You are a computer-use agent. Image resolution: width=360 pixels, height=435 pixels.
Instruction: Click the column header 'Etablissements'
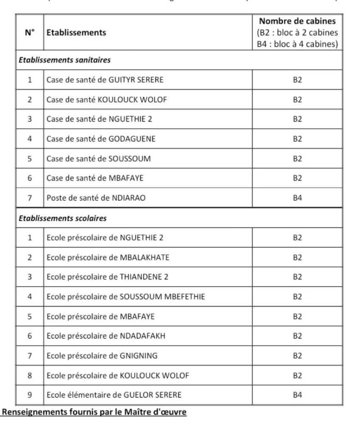pos(76,33)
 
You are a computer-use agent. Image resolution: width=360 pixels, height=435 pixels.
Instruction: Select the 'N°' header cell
pos(30,33)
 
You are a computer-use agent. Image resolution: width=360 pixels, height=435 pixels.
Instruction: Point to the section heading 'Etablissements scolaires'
pos(62,218)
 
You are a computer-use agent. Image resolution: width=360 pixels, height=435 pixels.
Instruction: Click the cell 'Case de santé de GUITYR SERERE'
pos(105,80)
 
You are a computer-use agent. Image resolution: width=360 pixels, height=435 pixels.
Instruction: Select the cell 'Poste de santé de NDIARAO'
pos(96,198)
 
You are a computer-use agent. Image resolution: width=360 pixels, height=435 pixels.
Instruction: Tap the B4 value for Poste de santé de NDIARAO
pos(297,198)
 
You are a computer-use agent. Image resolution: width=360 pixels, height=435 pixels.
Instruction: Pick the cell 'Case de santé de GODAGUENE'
pos(101,139)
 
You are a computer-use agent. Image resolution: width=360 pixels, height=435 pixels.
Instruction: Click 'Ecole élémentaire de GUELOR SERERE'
pos(114,395)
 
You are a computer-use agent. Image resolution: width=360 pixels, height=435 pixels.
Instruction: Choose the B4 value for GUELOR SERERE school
pos(297,395)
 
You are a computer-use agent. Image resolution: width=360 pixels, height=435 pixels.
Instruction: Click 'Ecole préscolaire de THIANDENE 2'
pos(107,277)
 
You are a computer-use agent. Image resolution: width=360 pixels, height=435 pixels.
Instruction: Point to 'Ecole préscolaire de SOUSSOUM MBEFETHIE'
pos(126,297)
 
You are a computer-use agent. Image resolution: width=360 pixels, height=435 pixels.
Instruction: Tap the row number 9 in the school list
pos(30,395)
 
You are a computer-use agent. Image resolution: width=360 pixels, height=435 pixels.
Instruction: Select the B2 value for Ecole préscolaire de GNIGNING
pos(297,356)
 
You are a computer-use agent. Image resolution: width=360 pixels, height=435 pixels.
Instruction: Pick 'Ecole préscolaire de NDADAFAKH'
pos(106,336)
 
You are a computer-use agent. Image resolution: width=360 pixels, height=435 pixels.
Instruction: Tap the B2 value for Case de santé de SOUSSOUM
pos(297,159)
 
